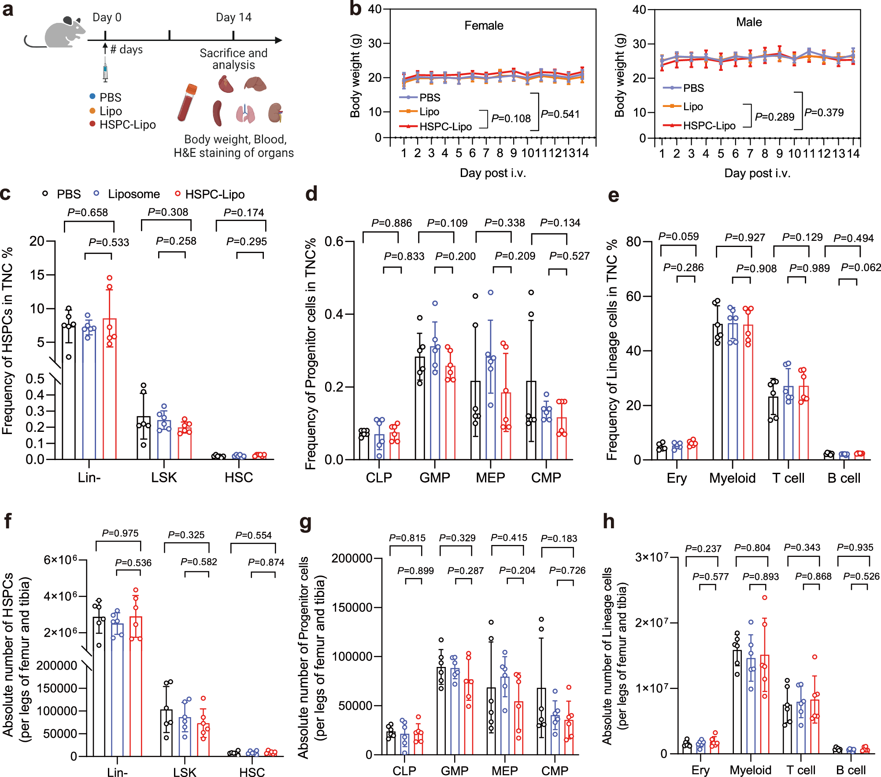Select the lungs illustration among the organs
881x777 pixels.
click(x=245, y=114)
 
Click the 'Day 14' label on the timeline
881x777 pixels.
click(x=233, y=18)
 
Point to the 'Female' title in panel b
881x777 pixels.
click(x=484, y=26)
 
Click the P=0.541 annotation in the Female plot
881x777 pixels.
click(x=560, y=114)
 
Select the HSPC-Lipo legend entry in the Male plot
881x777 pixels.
click(x=709, y=126)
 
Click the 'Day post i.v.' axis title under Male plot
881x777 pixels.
click(x=757, y=173)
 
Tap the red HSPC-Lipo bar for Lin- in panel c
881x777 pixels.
click(x=110, y=396)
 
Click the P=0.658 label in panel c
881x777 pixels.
click(x=88, y=213)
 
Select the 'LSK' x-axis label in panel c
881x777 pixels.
click(x=164, y=478)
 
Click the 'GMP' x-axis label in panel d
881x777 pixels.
click(x=435, y=478)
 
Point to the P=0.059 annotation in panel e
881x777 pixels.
click(x=678, y=236)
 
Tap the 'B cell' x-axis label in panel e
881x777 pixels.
click(x=844, y=478)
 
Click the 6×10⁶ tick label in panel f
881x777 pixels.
click(x=60, y=560)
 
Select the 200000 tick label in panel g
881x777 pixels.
click(x=352, y=558)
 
